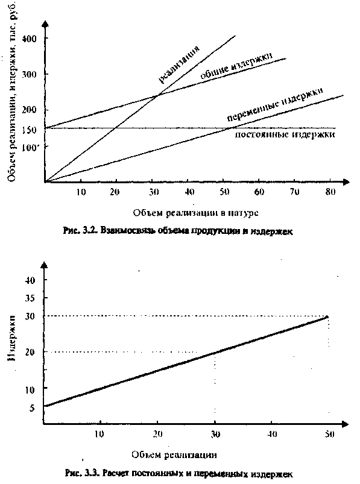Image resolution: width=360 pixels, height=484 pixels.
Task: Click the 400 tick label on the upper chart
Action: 30,39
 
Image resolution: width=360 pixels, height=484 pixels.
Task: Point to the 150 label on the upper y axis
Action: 30,130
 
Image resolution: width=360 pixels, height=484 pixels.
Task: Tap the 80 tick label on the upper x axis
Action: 330,192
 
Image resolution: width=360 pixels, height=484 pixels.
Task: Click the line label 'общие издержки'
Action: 236,66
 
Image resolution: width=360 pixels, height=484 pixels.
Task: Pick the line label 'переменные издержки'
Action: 276,104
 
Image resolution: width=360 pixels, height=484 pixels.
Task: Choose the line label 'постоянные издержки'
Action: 285,134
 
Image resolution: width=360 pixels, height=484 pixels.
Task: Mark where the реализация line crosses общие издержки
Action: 157,95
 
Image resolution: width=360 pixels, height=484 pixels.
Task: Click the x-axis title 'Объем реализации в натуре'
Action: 195,213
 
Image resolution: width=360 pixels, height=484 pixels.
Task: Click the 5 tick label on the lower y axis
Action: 32,408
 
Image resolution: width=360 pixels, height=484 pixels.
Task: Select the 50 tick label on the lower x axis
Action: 329,434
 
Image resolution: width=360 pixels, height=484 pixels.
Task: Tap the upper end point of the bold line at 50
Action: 327,316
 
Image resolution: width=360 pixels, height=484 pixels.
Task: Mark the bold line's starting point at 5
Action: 45,406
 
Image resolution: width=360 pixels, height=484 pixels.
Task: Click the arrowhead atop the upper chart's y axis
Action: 45,24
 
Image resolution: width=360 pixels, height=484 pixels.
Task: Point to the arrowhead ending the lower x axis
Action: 345,424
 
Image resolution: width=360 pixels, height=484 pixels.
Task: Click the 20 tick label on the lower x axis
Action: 157,434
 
